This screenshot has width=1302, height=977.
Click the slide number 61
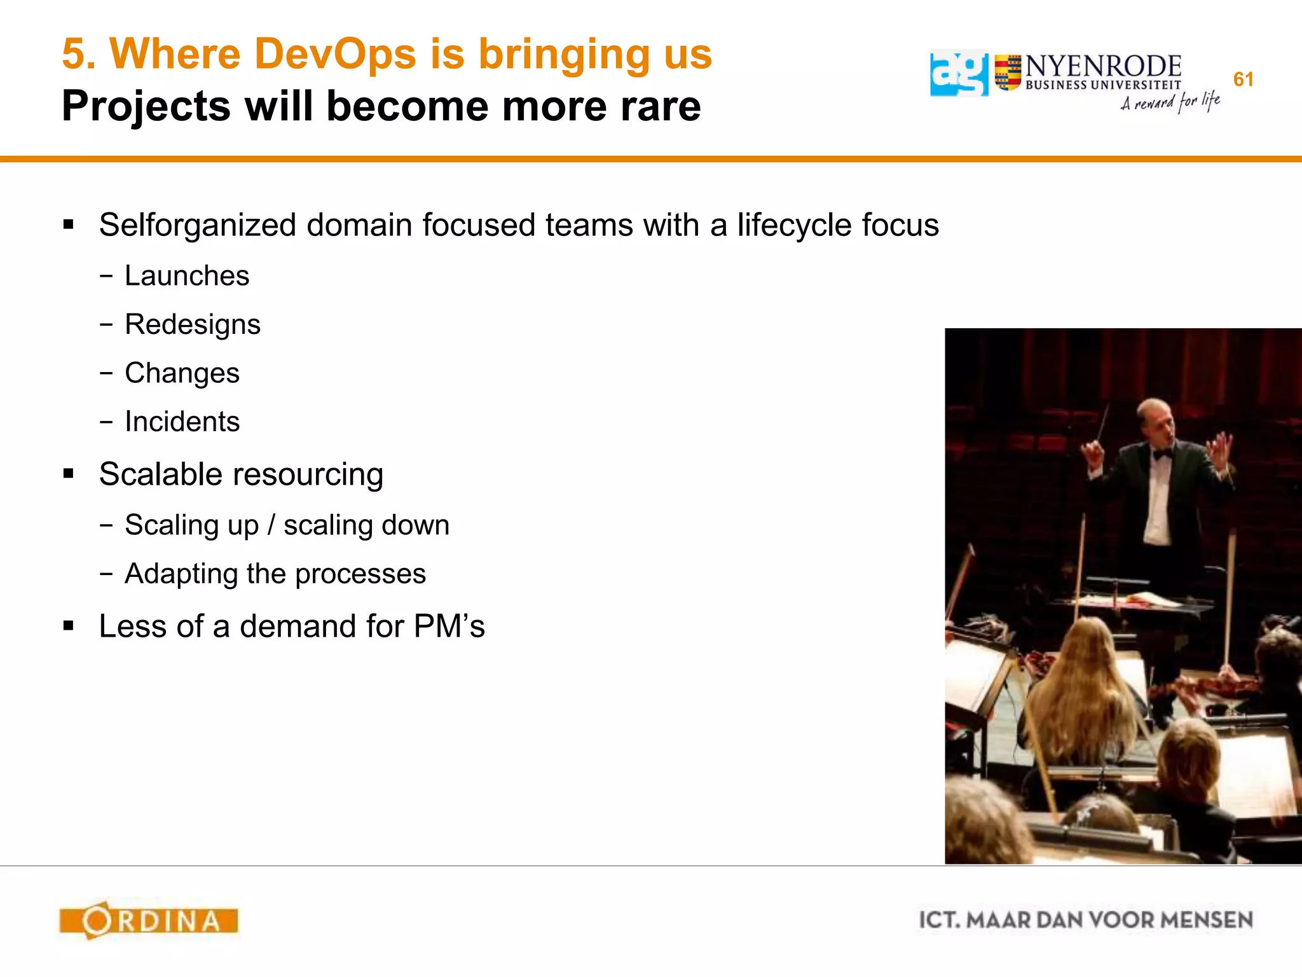(x=1243, y=80)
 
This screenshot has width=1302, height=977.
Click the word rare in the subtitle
(x=661, y=106)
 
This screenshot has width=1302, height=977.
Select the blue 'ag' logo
(x=959, y=74)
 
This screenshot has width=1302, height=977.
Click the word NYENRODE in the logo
(x=1103, y=66)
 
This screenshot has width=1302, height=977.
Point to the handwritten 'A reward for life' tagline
(x=1170, y=102)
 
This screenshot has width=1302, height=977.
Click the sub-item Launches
(x=187, y=276)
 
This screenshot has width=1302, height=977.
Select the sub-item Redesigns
(x=193, y=324)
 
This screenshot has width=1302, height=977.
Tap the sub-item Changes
(x=182, y=373)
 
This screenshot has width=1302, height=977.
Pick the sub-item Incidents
(x=182, y=422)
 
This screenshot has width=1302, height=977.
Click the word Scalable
(x=163, y=475)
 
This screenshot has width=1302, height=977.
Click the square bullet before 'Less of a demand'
(x=69, y=626)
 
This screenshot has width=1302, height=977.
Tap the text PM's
(x=449, y=626)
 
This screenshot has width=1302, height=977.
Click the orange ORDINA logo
(x=149, y=920)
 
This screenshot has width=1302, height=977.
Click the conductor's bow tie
(x=1163, y=454)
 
